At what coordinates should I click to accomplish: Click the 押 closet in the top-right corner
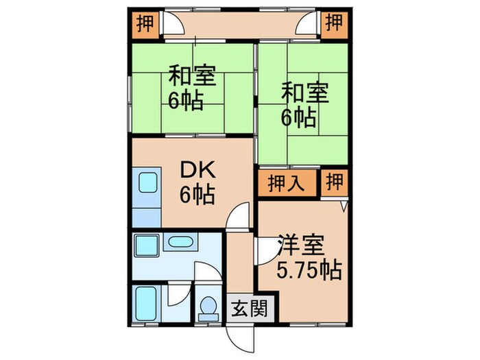pyautogui.click(x=335, y=23)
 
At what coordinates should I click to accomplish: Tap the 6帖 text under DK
pyautogui.click(x=197, y=195)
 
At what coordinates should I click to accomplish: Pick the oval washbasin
pyautogui.click(x=181, y=241)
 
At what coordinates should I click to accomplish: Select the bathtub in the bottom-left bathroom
pyautogui.click(x=146, y=302)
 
